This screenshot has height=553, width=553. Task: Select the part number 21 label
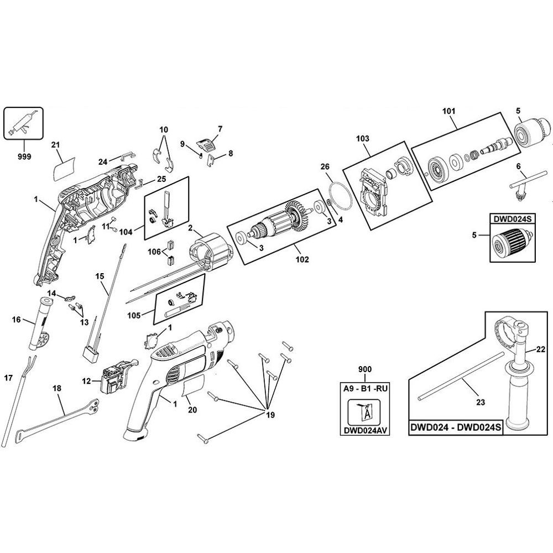point(55,144)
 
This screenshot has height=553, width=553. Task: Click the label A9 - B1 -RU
point(365,388)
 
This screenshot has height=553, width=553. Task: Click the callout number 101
point(448,111)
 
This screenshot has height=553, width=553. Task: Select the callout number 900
point(365,369)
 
